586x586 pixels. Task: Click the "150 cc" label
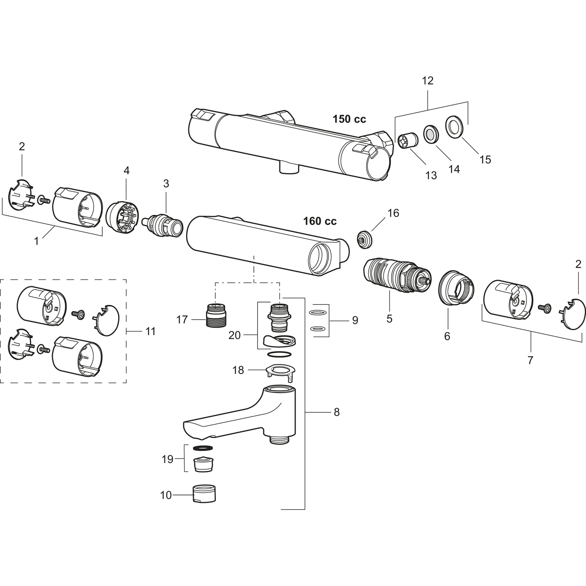point(349,119)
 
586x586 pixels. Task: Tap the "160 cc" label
point(320,221)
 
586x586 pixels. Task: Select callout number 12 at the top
point(427,81)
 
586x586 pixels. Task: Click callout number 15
point(485,160)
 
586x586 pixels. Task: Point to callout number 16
point(393,213)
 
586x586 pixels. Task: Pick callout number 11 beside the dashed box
point(150,331)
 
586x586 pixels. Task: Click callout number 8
point(337,412)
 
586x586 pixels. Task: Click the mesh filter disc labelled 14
point(431,133)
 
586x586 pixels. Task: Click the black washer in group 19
point(203,448)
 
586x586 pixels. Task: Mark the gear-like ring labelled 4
point(122,218)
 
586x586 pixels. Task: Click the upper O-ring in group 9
point(318,312)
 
